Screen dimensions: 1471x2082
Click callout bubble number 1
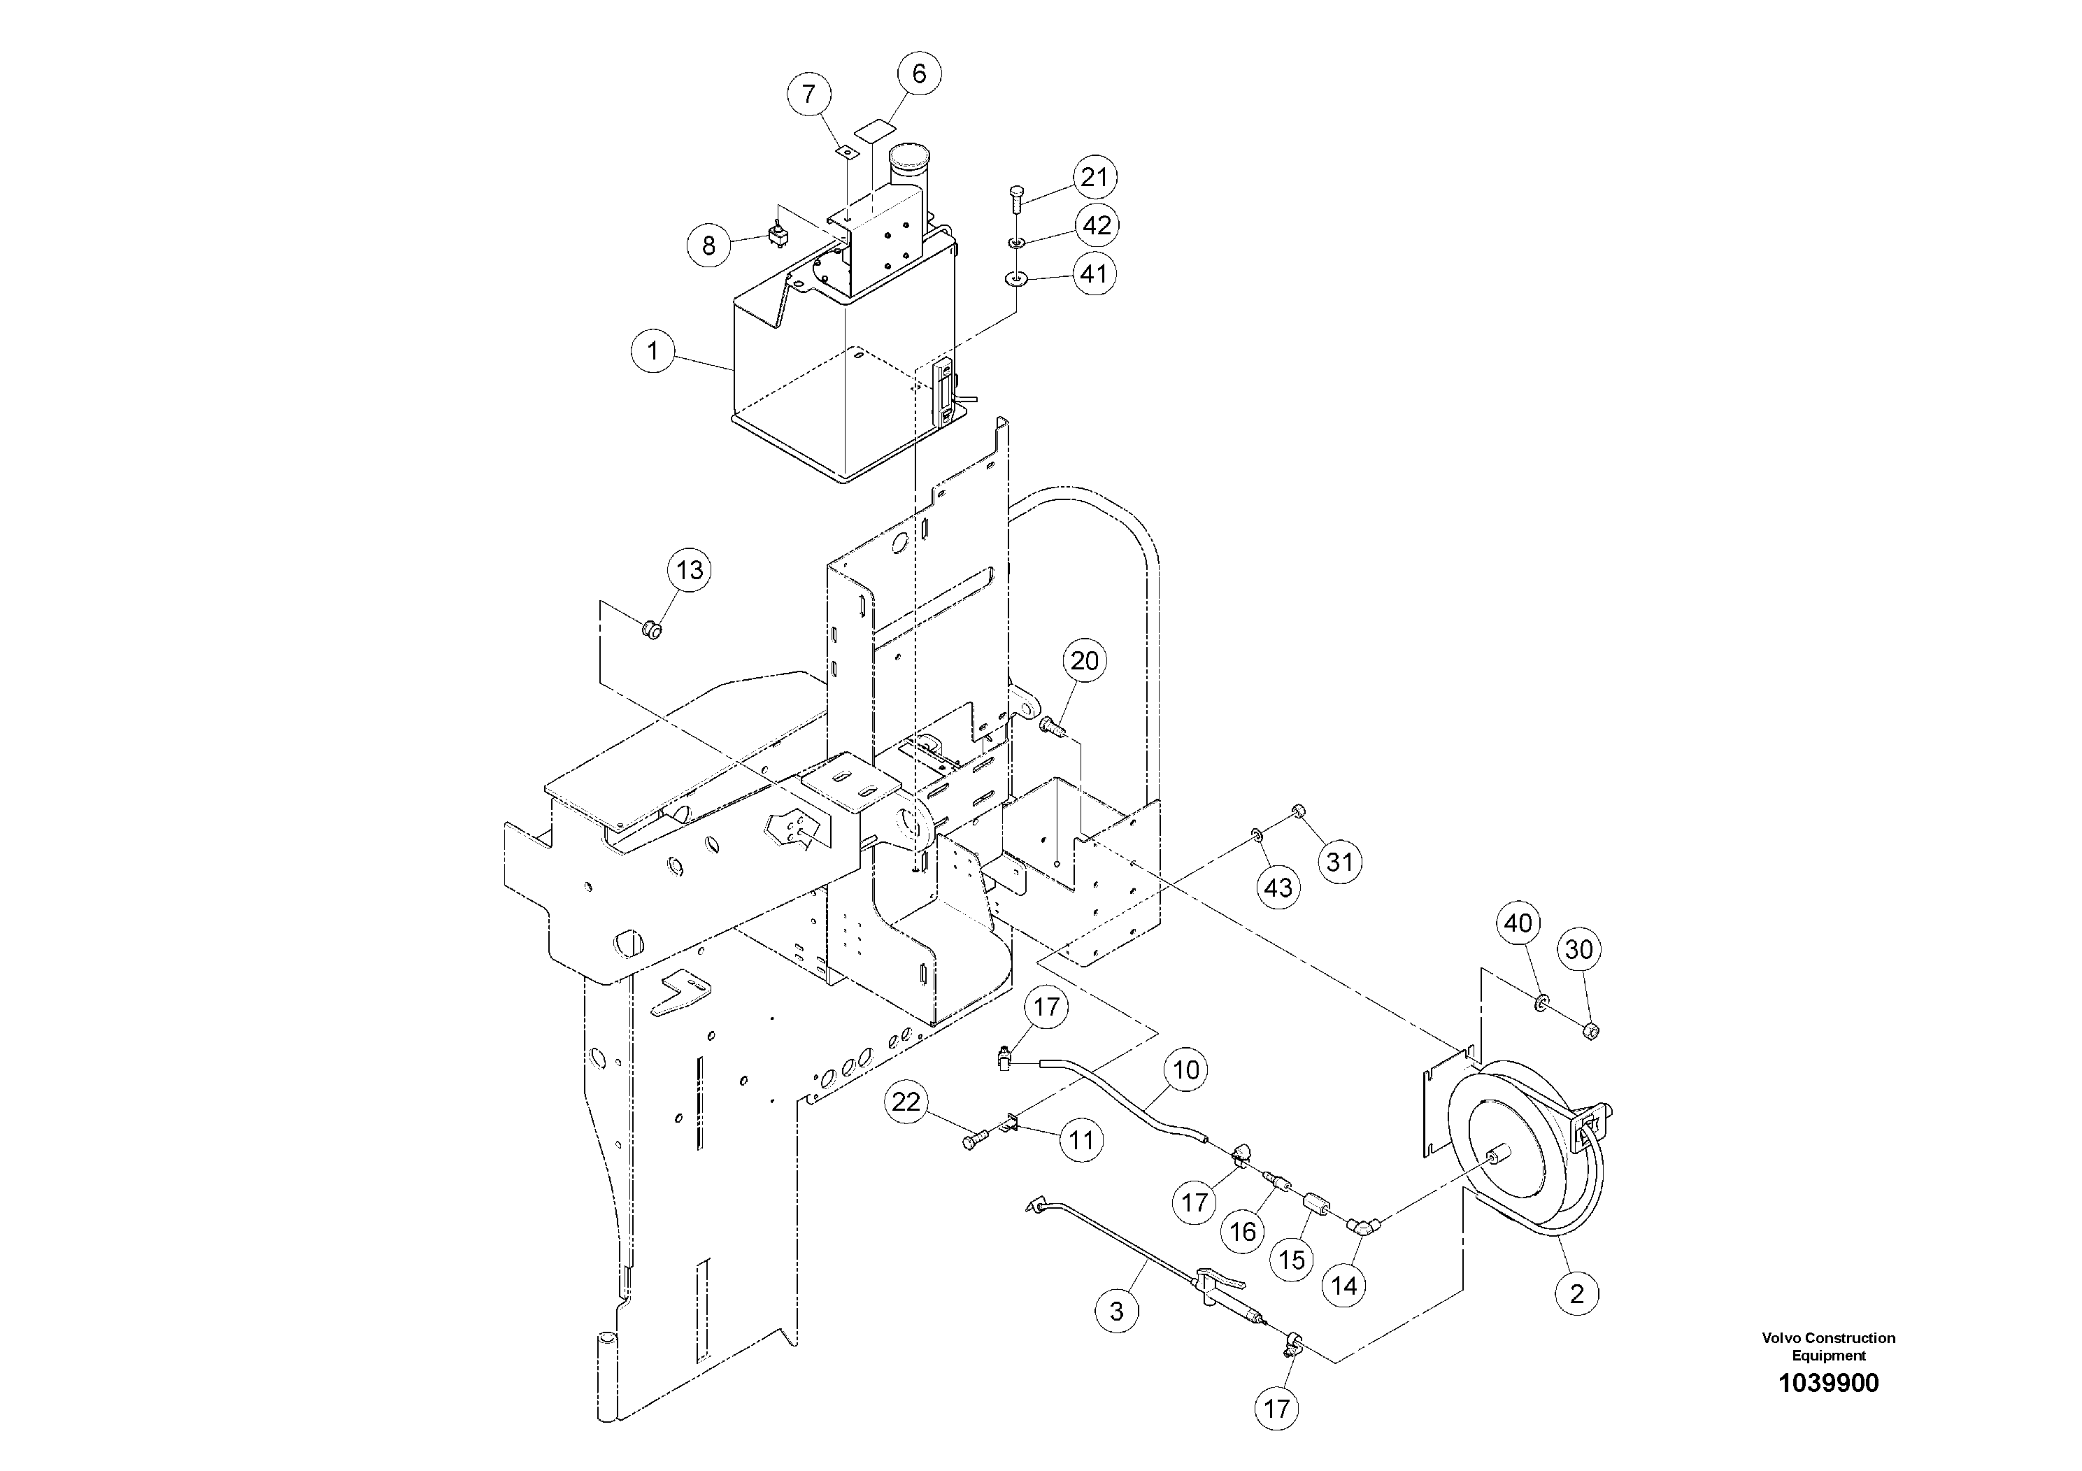[654, 350]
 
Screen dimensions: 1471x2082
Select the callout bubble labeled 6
[918, 73]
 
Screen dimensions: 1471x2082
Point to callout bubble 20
[1085, 661]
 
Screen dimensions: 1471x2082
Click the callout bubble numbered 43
[1278, 887]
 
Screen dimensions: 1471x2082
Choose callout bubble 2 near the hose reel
[1577, 1293]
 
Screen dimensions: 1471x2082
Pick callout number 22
[906, 1103]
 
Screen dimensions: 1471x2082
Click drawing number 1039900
[1828, 1383]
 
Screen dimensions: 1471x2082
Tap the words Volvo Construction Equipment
[1828, 1346]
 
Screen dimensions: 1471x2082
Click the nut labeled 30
[1590, 1030]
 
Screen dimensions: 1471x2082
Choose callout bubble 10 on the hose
[1185, 1070]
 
